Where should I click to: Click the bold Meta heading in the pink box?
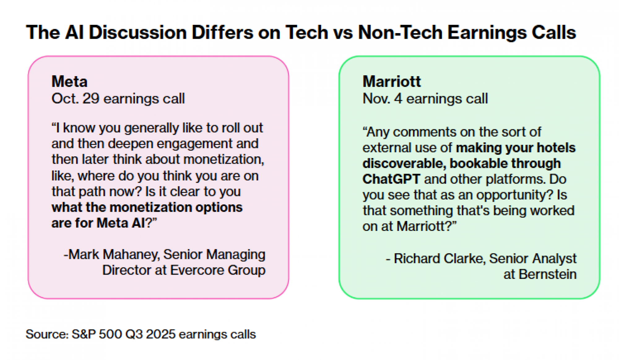tap(70, 81)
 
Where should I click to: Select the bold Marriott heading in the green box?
tap(392, 81)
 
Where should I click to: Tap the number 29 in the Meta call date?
tap(91, 98)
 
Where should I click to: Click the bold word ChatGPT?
tap(391, 179)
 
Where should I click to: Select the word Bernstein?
tap(548, 274)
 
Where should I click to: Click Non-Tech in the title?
tap(400, 32)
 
